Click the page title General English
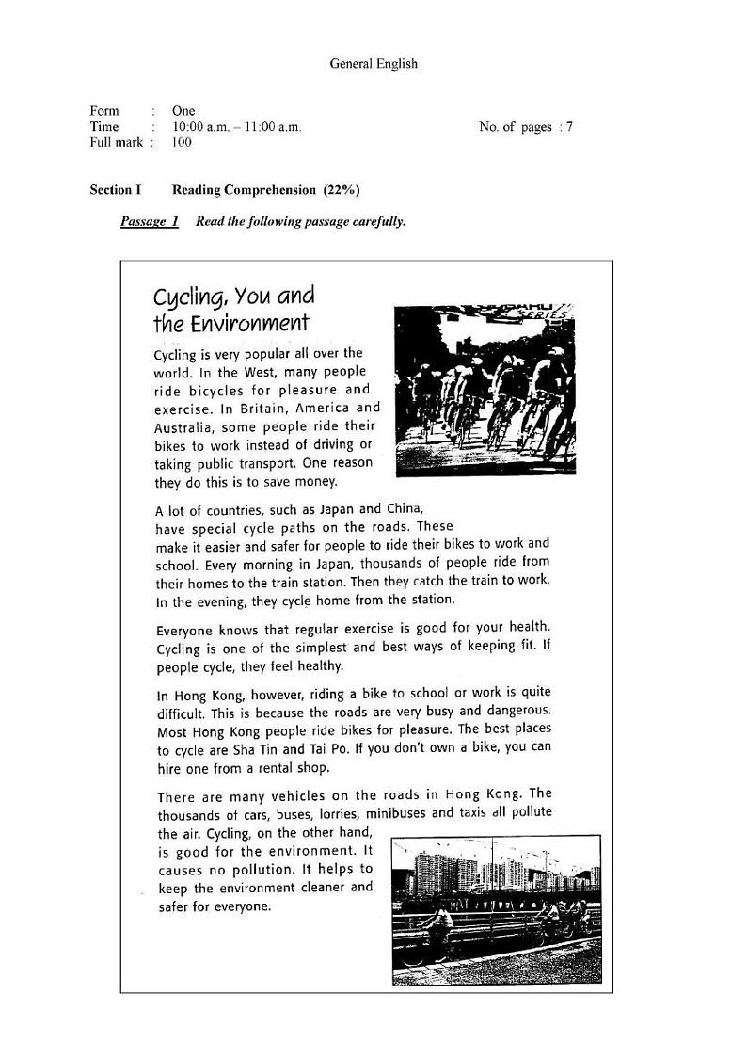[x=373, y=64]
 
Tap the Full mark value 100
[x=182, y=143]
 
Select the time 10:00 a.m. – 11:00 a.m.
[x=236, y=127]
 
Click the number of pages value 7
[x=569, y=127]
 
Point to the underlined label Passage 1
[x=150, y=222]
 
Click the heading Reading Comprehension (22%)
[x=265, y=190]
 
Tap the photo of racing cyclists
[x=485, y=390]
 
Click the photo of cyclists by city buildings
[x=496, y=909]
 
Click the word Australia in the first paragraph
[x=185, y=427]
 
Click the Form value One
[x=183, y=111]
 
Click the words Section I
[x=116, y=190]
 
